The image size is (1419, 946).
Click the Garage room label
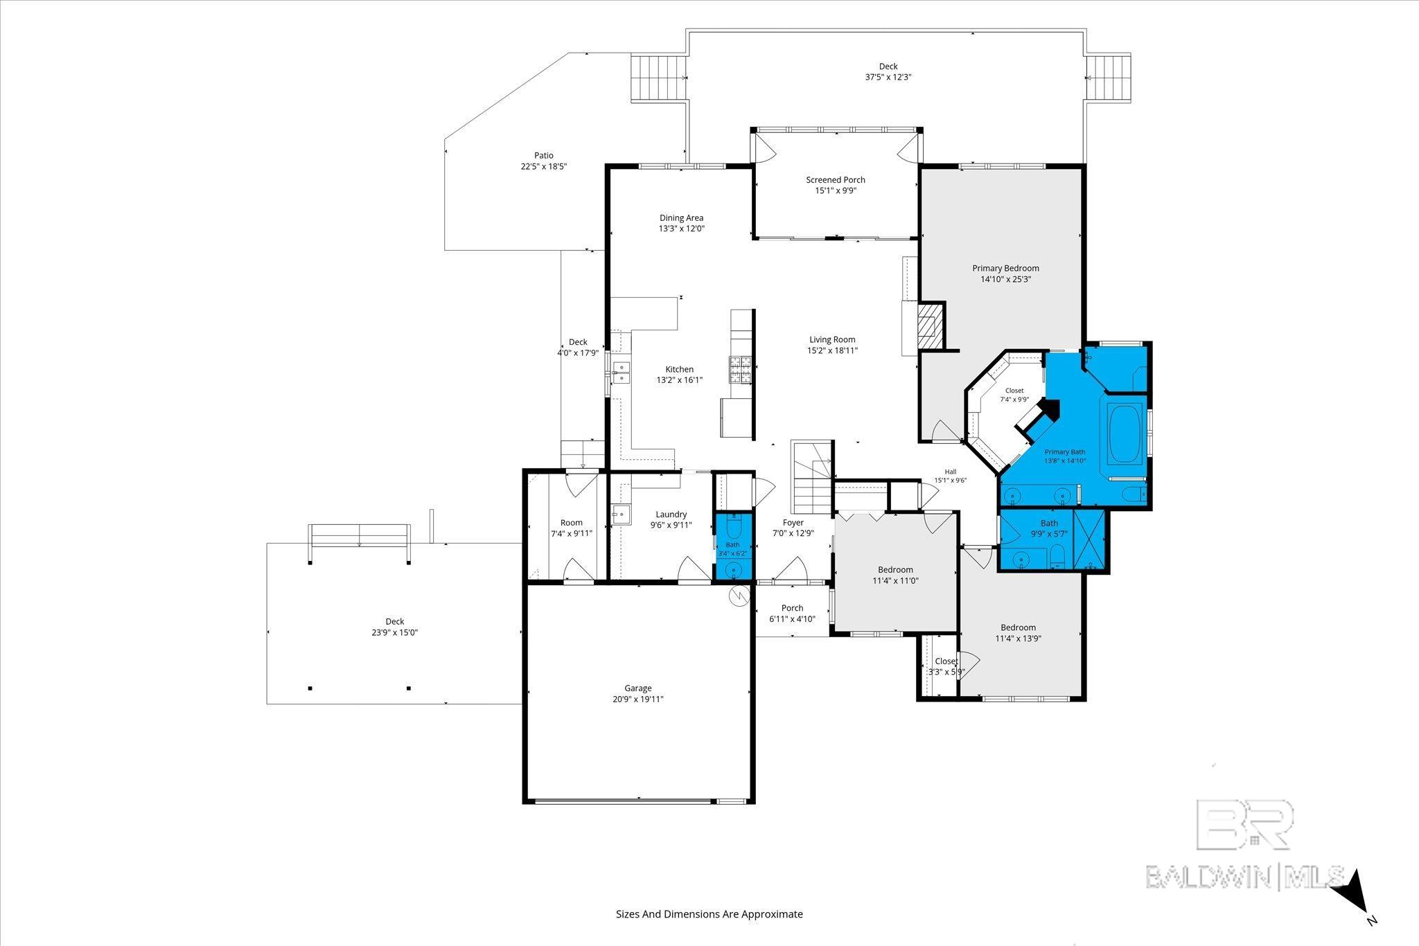(638, 688)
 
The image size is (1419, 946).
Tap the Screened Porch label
(836, 180)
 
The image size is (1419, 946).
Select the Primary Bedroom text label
(1005, 269)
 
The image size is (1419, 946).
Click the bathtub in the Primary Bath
(1125, 435)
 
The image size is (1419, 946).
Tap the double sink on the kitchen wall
(135, 372)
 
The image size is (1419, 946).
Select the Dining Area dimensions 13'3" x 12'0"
(681, 229)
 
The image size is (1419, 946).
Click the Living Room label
(832, 340)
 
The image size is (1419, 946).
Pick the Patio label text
(544, 156)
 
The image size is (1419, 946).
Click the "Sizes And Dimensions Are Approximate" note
(709, 914)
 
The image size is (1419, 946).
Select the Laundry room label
(671, 515)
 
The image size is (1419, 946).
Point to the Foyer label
(793, 523)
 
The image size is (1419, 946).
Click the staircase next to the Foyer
(812, 479)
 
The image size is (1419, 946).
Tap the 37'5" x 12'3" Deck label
(888, 78)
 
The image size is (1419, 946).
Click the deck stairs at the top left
(658, 78)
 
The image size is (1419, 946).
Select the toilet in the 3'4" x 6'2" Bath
(734, 530)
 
